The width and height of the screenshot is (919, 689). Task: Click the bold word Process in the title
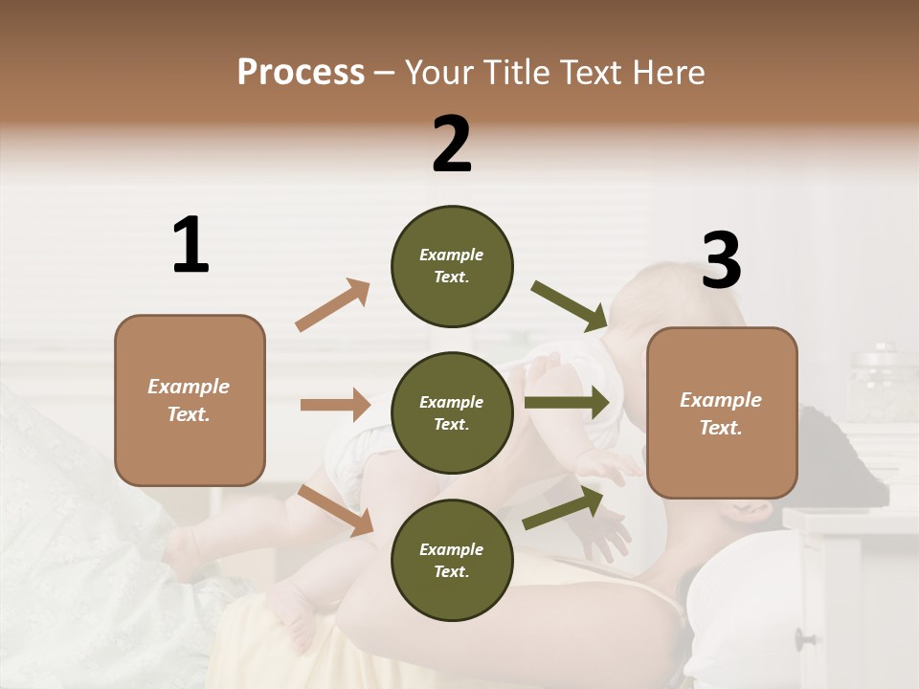pos(301,72)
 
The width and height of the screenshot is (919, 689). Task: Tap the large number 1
pos(191,245)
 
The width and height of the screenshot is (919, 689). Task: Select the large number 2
pos(452,144)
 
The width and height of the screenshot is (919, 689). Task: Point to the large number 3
pos(721,260)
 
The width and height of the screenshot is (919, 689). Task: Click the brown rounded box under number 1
pos(190,400)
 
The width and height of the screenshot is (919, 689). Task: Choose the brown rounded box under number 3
pos(722,412)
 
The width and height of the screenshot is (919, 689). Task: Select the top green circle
pos(452,266)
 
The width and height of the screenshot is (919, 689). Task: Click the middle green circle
pos(452,412)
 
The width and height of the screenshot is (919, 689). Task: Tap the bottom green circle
pos(452,560)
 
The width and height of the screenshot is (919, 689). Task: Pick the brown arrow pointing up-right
pos(332,305)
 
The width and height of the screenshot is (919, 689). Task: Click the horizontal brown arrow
pos(335,405)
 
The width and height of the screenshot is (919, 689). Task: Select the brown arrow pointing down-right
pos(335,510)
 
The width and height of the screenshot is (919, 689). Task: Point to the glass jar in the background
pos(881,383)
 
